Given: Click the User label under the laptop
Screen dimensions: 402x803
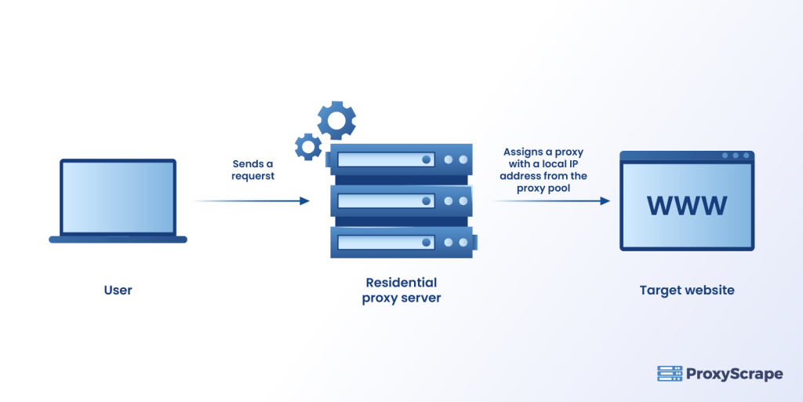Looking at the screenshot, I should pyautogui.click(x=118, y=291).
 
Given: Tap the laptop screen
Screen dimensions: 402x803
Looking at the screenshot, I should pyautogui.click(x=118, y=196).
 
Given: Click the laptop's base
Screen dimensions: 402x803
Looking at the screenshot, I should pyautogui.click(x=118, y=239).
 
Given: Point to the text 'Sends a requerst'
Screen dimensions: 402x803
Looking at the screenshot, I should pyautogui.click(x=253, y=170).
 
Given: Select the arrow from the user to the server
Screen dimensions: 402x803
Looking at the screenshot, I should pyautogui.click(x=251, y=201).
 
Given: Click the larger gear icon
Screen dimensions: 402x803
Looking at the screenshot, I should pyautogui.click(x=336, y=120).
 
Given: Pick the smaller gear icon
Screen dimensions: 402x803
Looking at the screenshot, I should pyautogui.click(x=307, y=146).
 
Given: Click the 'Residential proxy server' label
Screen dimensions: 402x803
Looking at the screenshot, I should pyautogui.click(x=401, y=290).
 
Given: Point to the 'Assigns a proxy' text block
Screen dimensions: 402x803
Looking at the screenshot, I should pyautogui.click(x=544, y=170).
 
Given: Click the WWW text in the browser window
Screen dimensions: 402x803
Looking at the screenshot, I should pyautogui.click(x=687, y=206).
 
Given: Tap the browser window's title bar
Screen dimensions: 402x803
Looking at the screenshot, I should pyautogui.click(x=687, y=156).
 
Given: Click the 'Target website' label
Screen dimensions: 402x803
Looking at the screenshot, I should pyautogui.click(x=687, y=291).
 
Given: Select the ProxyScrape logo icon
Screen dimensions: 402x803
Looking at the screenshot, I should pyautogui.click(x=669, y=374).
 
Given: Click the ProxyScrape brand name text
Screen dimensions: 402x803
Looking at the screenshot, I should pyautogui.click(x=735, y=374).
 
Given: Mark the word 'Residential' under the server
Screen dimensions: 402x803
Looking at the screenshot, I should pyautogui.click(x=401, y=283).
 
